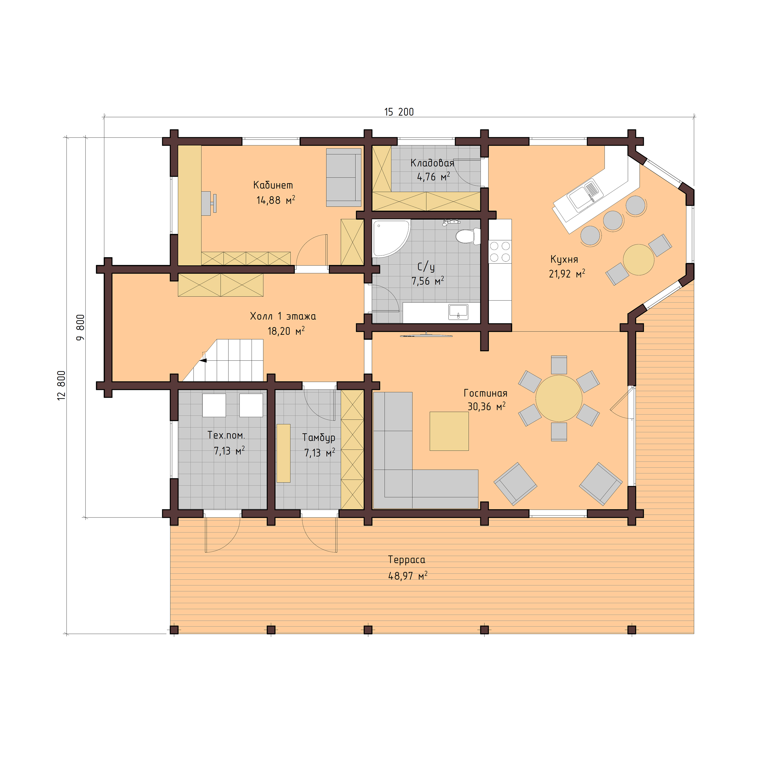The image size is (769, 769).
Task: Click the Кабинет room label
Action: click(x=273, y=185)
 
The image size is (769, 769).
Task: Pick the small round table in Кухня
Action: click(x=639, y=260)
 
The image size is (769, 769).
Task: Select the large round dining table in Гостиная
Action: click(x=559, y=398)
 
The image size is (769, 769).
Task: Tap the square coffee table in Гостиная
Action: click(x=449, y=431)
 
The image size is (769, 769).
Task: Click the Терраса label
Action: click(x=406, y=560)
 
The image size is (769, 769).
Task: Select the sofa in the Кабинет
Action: click(x=343, y=178)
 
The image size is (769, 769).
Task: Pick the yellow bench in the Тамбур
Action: click(x=283, y=453)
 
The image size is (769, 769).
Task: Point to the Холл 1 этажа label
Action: click(x=283, y=316)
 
